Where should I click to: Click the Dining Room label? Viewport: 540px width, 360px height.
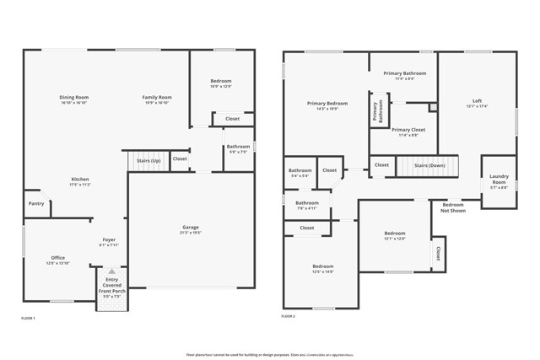(x=74, y=98)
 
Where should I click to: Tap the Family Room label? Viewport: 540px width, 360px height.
(x=156, y=98)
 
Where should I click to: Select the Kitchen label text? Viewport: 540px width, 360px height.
(x=80, y=180)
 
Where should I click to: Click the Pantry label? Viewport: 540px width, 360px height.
(x=36, y=203)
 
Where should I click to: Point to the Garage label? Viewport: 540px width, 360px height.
(x=191, y=228)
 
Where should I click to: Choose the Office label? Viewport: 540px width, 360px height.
(x=57, y=258)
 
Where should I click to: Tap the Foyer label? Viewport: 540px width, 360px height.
(x=110, y=240)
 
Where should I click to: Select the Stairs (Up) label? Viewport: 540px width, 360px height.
(x=148, y=159)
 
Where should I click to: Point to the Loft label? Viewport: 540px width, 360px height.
(x=477, y=101)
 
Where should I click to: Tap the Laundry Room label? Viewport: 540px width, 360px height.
(x=499, y=179)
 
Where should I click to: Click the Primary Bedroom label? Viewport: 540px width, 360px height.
(x=327, y=103)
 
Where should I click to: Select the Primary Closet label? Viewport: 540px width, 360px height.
(x=408, y=130)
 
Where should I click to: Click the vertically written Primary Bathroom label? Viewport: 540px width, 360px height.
(x=376, y=110)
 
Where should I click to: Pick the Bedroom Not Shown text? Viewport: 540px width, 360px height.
(x=453, y=207)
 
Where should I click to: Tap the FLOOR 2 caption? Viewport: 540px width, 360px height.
(x=289, y=317)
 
